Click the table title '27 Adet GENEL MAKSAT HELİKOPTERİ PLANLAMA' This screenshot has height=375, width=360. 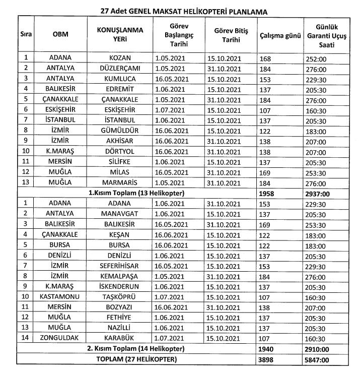coord(179,10)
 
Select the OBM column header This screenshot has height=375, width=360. coord(60,34)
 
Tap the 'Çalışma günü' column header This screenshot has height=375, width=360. coord(280,35)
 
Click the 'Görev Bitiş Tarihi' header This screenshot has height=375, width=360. coord(231,34)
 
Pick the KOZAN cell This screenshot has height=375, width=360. coord(120,58)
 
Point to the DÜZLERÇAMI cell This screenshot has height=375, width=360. coord(120,68)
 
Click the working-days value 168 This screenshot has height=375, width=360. coord(267,58)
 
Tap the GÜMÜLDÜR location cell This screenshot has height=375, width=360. coord(120,130)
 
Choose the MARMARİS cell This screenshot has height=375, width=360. coord(120,181)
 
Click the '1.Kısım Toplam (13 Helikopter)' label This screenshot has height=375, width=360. coord(135,192)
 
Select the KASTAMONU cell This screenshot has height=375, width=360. coord(60,296)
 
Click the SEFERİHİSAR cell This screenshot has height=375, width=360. coord(120,265)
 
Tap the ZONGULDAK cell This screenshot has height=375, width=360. coord(60,338)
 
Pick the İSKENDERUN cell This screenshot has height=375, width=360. coord(120,286)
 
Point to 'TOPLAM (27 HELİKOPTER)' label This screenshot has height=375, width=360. coord(135,358)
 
